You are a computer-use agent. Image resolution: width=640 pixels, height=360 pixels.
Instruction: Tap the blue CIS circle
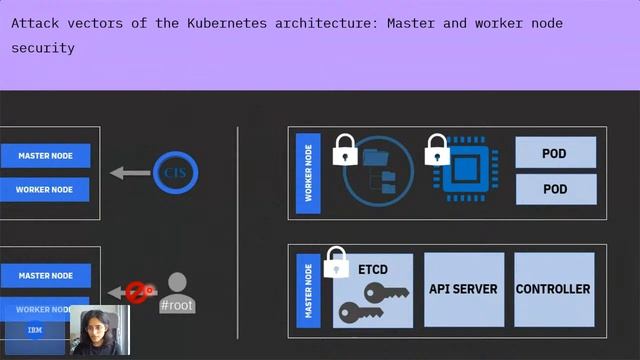175,172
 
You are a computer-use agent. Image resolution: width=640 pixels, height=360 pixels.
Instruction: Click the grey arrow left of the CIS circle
130,173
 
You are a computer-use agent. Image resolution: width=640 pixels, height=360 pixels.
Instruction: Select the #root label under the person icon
177,305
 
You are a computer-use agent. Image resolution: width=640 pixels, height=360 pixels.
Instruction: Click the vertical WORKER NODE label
308,172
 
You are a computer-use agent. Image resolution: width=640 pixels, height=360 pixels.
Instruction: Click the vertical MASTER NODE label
308,289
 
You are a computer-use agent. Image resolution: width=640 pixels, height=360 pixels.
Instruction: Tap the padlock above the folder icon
345,150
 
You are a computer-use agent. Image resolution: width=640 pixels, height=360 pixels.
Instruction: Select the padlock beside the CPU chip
437,150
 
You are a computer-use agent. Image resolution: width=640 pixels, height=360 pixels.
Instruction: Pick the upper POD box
555,153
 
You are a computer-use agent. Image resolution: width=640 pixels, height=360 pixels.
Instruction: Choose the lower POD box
555,189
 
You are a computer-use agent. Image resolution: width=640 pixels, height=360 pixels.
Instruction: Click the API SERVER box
463,289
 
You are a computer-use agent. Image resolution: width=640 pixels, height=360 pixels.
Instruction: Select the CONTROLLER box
553,289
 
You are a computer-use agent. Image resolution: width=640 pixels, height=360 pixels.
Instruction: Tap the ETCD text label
372,270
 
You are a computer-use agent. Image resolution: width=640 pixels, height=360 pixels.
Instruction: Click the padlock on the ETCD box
336,262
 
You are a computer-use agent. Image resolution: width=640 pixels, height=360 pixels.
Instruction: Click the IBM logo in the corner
34,330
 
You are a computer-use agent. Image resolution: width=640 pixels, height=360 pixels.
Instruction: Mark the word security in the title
43,47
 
